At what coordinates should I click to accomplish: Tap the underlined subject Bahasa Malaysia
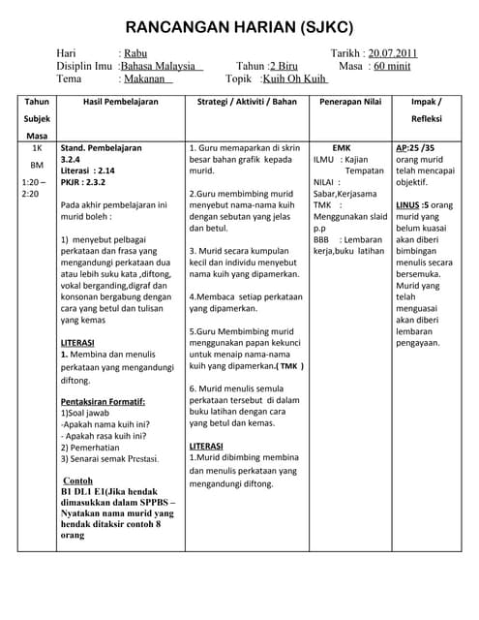click(x=161, y=66)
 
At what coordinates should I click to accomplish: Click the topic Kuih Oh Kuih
click(x=295, y=78)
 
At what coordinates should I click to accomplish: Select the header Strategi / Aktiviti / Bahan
click(x=247, y=102)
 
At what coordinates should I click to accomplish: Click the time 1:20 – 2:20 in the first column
click(x=35, y=188)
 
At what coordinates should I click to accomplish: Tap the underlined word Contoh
click(x=77, y=480)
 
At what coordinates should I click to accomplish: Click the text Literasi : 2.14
click(x=89, y=170)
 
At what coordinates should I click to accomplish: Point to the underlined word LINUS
click(x=408, y=205)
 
